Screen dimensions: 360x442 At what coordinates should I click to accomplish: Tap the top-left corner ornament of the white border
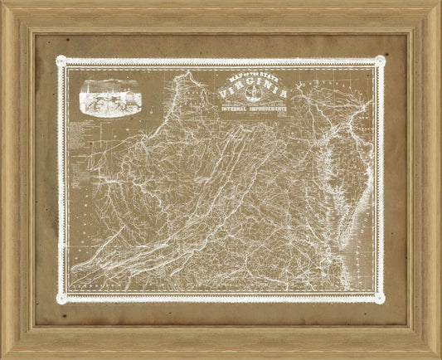tap(60, 60)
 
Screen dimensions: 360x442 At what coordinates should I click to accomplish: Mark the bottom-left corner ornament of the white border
tap(60, 295)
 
